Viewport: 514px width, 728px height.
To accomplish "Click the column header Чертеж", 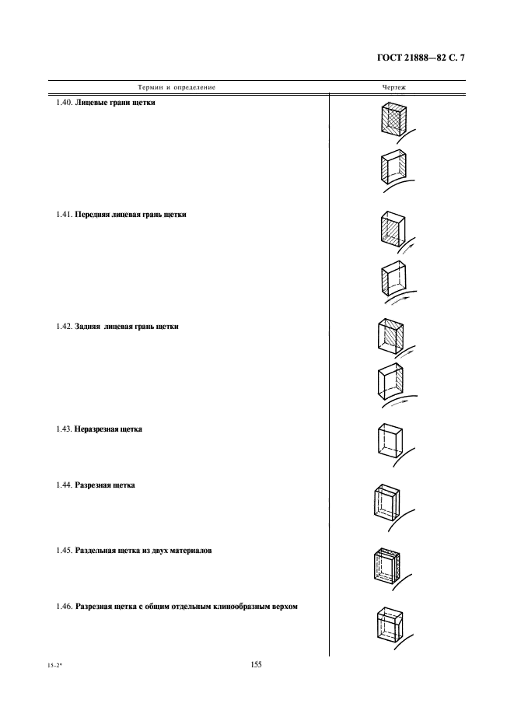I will [x=393, y=87].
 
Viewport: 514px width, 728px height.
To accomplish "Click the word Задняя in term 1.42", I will [x=89, y=327].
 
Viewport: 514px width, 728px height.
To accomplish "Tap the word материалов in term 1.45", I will [x=191, y=551].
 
